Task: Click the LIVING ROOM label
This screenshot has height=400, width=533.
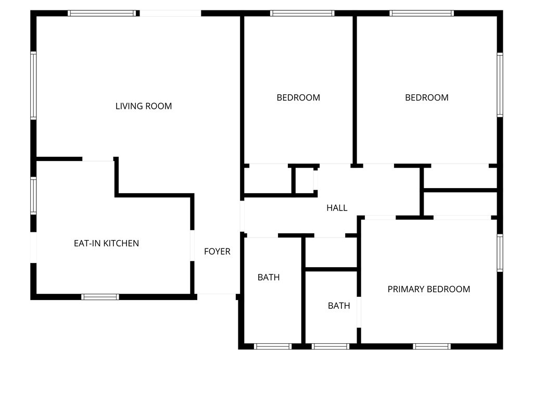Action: point(144,106)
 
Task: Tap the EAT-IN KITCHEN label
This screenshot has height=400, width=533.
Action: point(106,243)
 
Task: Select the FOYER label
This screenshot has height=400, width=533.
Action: point(217,252)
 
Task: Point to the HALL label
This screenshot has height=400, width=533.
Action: point(337,208)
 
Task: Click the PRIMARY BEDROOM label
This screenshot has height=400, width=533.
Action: point(429,289)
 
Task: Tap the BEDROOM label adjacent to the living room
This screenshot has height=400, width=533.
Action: point(298,97)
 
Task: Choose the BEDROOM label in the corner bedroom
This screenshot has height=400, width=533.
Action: point(427,97)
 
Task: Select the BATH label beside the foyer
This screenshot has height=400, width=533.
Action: point(269,277)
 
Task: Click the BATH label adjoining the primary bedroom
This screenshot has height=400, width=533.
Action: point(339,306)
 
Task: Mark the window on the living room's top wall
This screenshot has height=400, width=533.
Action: point(101,13)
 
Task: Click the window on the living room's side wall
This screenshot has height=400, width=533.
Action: point(33,85)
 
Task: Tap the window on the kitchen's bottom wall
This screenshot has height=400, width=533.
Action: point(100,297)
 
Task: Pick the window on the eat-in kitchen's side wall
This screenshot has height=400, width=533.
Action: point(33,196)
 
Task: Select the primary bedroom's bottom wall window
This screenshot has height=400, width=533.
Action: point(432,346)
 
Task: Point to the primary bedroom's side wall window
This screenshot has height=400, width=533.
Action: point(500,253)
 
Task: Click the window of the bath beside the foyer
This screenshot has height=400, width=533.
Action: point(273,346)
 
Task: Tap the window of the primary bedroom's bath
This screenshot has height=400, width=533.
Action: point(331,346)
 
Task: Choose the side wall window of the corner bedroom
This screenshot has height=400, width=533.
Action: point(500,85)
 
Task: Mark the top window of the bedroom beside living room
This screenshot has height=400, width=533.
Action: point(302,13)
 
